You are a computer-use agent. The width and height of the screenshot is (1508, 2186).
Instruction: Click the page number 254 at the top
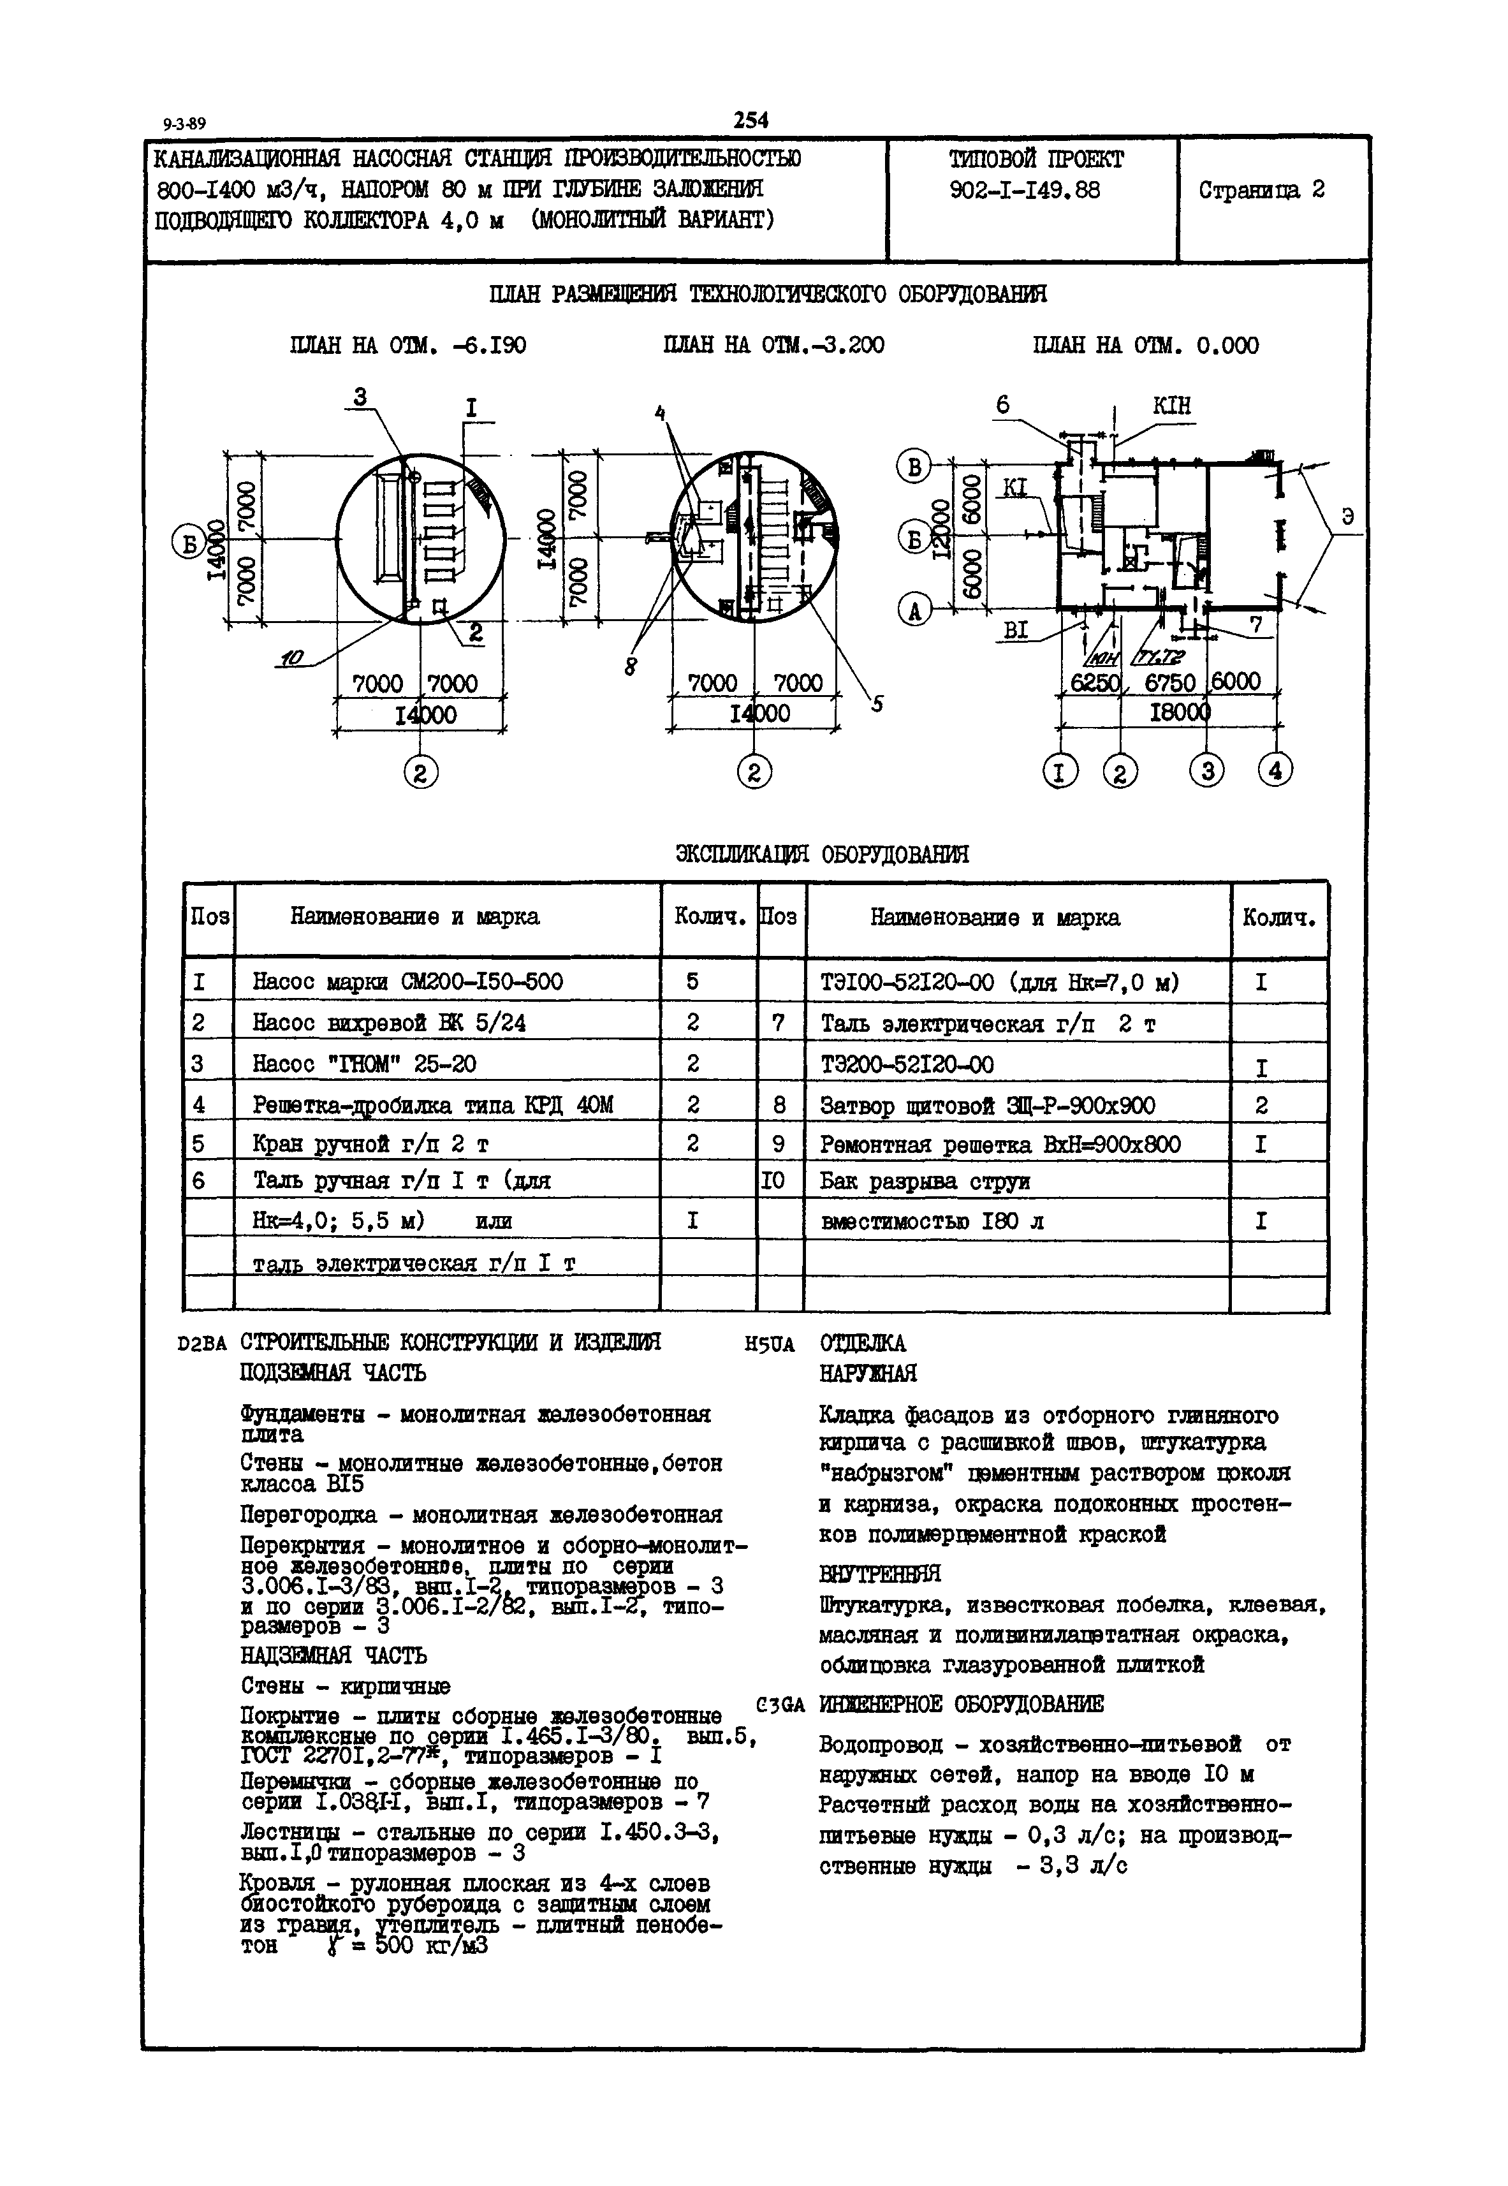tap(751, 120)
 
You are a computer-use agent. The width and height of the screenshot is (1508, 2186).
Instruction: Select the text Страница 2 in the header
tap(1261, 190)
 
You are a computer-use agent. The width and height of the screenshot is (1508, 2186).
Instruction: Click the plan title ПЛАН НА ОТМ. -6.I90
tap(407, 346)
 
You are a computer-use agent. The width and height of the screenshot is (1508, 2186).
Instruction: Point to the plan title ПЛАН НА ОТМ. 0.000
tap(1145, 346)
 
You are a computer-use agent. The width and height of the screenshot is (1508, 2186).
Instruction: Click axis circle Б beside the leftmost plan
tap(186, 541)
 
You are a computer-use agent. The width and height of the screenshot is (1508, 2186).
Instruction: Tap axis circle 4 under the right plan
tap(1275, 771)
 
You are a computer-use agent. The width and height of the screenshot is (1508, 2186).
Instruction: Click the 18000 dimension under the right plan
tap(1178, 712)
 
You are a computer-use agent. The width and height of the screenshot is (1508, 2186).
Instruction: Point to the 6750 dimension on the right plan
tap(1170, 682)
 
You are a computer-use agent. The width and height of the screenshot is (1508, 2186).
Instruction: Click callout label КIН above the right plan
tap(1171, 406)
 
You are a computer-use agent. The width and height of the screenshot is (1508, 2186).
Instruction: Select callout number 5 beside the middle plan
tap(877, 704)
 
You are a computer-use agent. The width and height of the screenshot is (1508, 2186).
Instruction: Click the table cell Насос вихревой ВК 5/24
tap(388, 1022)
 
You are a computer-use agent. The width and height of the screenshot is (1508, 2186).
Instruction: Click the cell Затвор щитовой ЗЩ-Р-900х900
tap(988, 1105)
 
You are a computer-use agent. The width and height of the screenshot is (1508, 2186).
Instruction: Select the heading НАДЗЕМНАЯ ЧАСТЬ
tap(333, 1655)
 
